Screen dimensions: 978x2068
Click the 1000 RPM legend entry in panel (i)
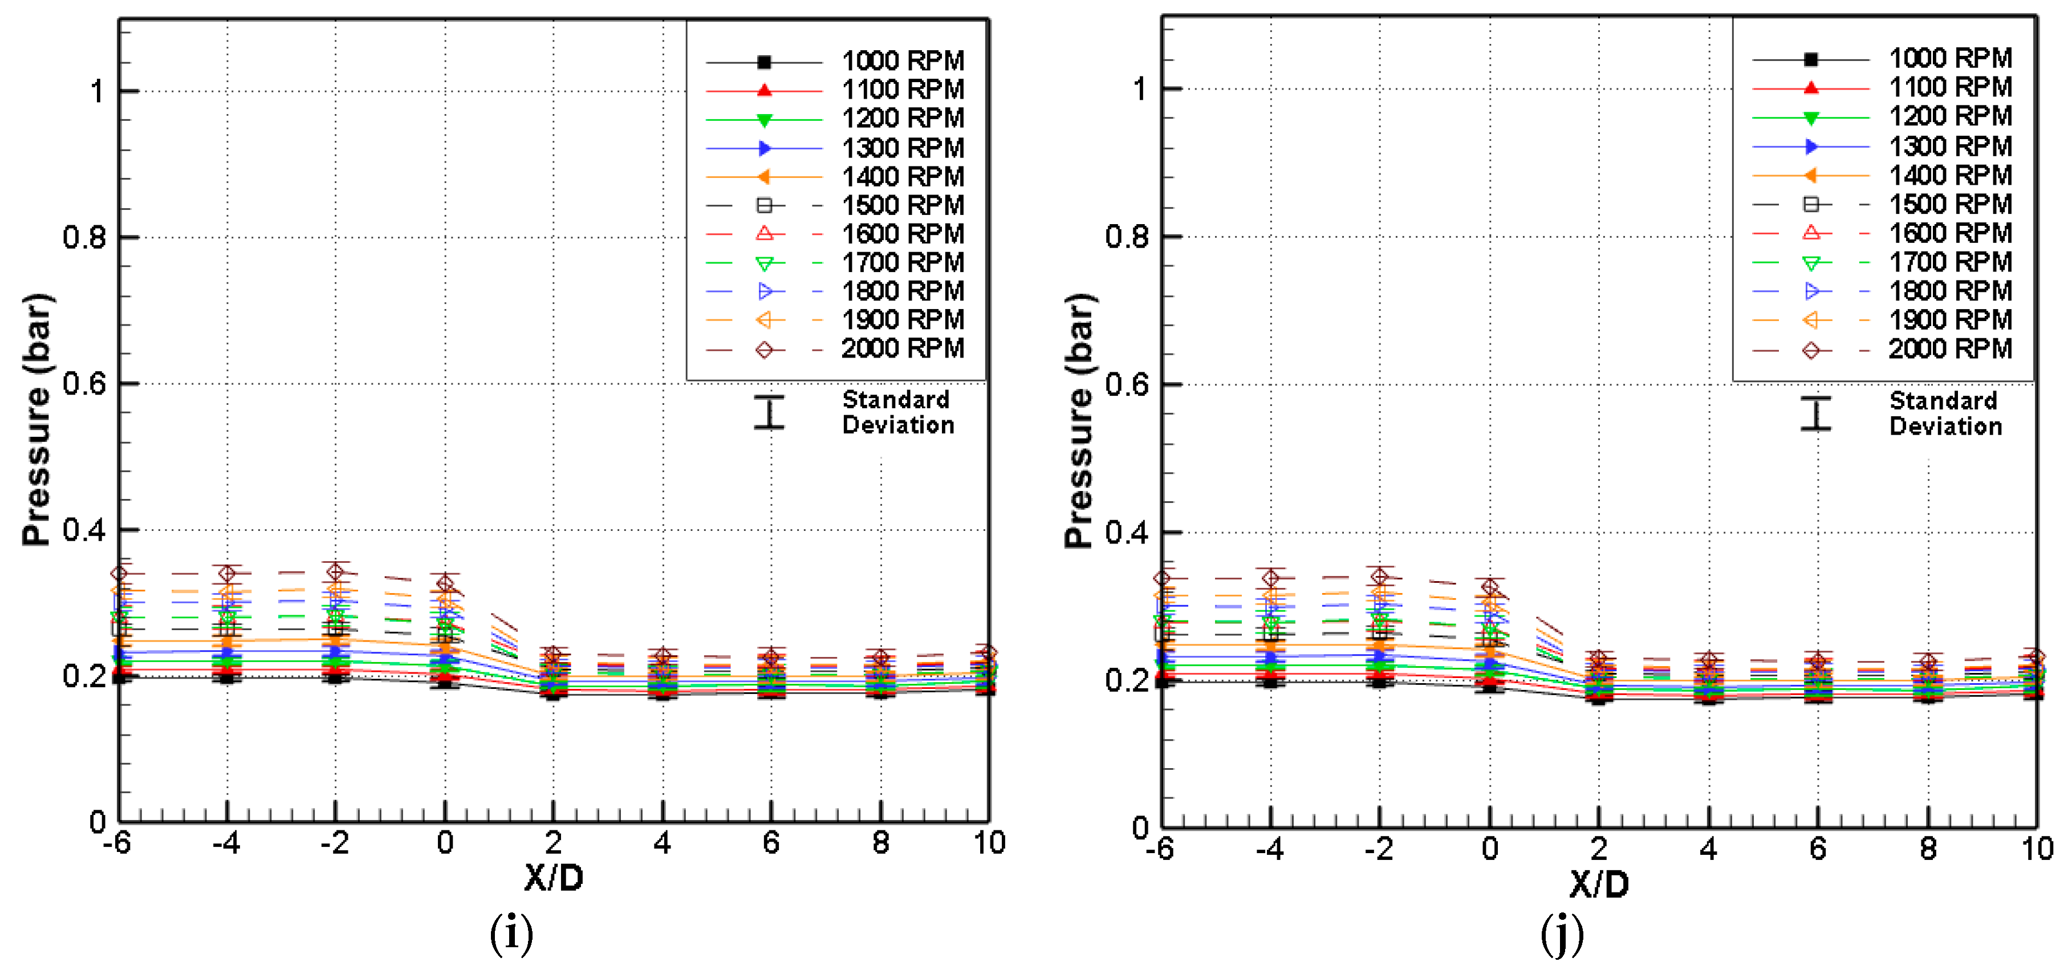pos(903,61)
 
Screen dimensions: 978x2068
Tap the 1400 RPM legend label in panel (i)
pos(903,177)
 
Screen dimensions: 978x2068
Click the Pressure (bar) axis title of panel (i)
pos(37,419)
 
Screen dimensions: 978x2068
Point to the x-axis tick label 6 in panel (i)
pos(771,843)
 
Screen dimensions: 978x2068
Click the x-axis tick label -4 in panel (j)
pos(1269,849)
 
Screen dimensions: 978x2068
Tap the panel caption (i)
pos(511,934)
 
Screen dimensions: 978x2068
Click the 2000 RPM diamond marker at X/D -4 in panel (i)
pos(227,573)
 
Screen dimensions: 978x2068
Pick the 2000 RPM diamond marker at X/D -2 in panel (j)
pos(1379,576)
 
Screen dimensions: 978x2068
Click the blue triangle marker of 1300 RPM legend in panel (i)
pos(764,148)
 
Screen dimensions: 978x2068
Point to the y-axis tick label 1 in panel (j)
pos(1139,88)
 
